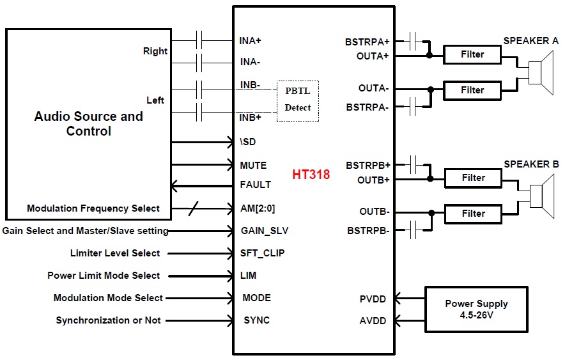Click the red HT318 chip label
point(311,175)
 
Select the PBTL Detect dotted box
point(298,101)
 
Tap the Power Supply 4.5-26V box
point(477,309)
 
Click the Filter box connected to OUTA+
point(472,55)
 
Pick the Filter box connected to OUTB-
point(472,213)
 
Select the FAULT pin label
point(256,185)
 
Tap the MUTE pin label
point(254,165)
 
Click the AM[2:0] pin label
point(258,208)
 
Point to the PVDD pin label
point(373,298)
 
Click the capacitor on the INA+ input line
point(202,41)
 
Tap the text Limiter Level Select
point(115,253)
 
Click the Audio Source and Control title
point(88,124)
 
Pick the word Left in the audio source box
point(155,100)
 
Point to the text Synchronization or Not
point(108,320)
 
